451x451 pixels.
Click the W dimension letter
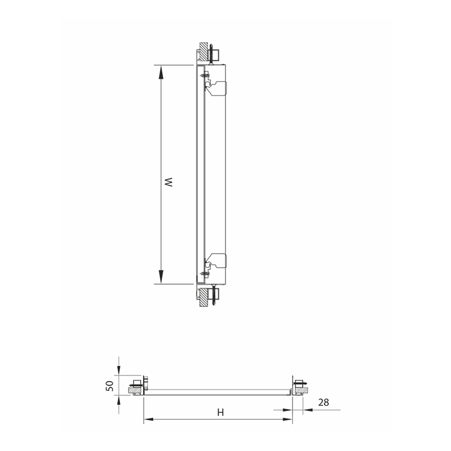click(169, 183)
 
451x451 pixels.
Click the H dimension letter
click(220, 413)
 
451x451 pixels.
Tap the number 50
click(109, 386)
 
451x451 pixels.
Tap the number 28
click(324, 402)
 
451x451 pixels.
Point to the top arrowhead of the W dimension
click(161, 72)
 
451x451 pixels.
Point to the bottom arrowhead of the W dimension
click(161, 277)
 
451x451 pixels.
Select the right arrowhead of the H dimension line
click(288, 419)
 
